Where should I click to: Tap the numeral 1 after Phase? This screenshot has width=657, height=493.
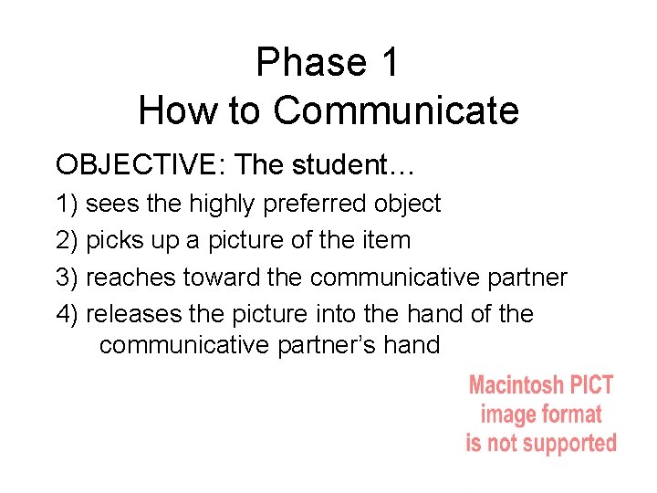(389, 62)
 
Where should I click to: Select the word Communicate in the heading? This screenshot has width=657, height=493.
(396, 110)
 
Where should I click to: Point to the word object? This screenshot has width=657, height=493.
(411, 204)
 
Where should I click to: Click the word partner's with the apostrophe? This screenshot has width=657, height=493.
(320, 345)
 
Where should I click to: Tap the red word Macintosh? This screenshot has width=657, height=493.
(514, 385)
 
